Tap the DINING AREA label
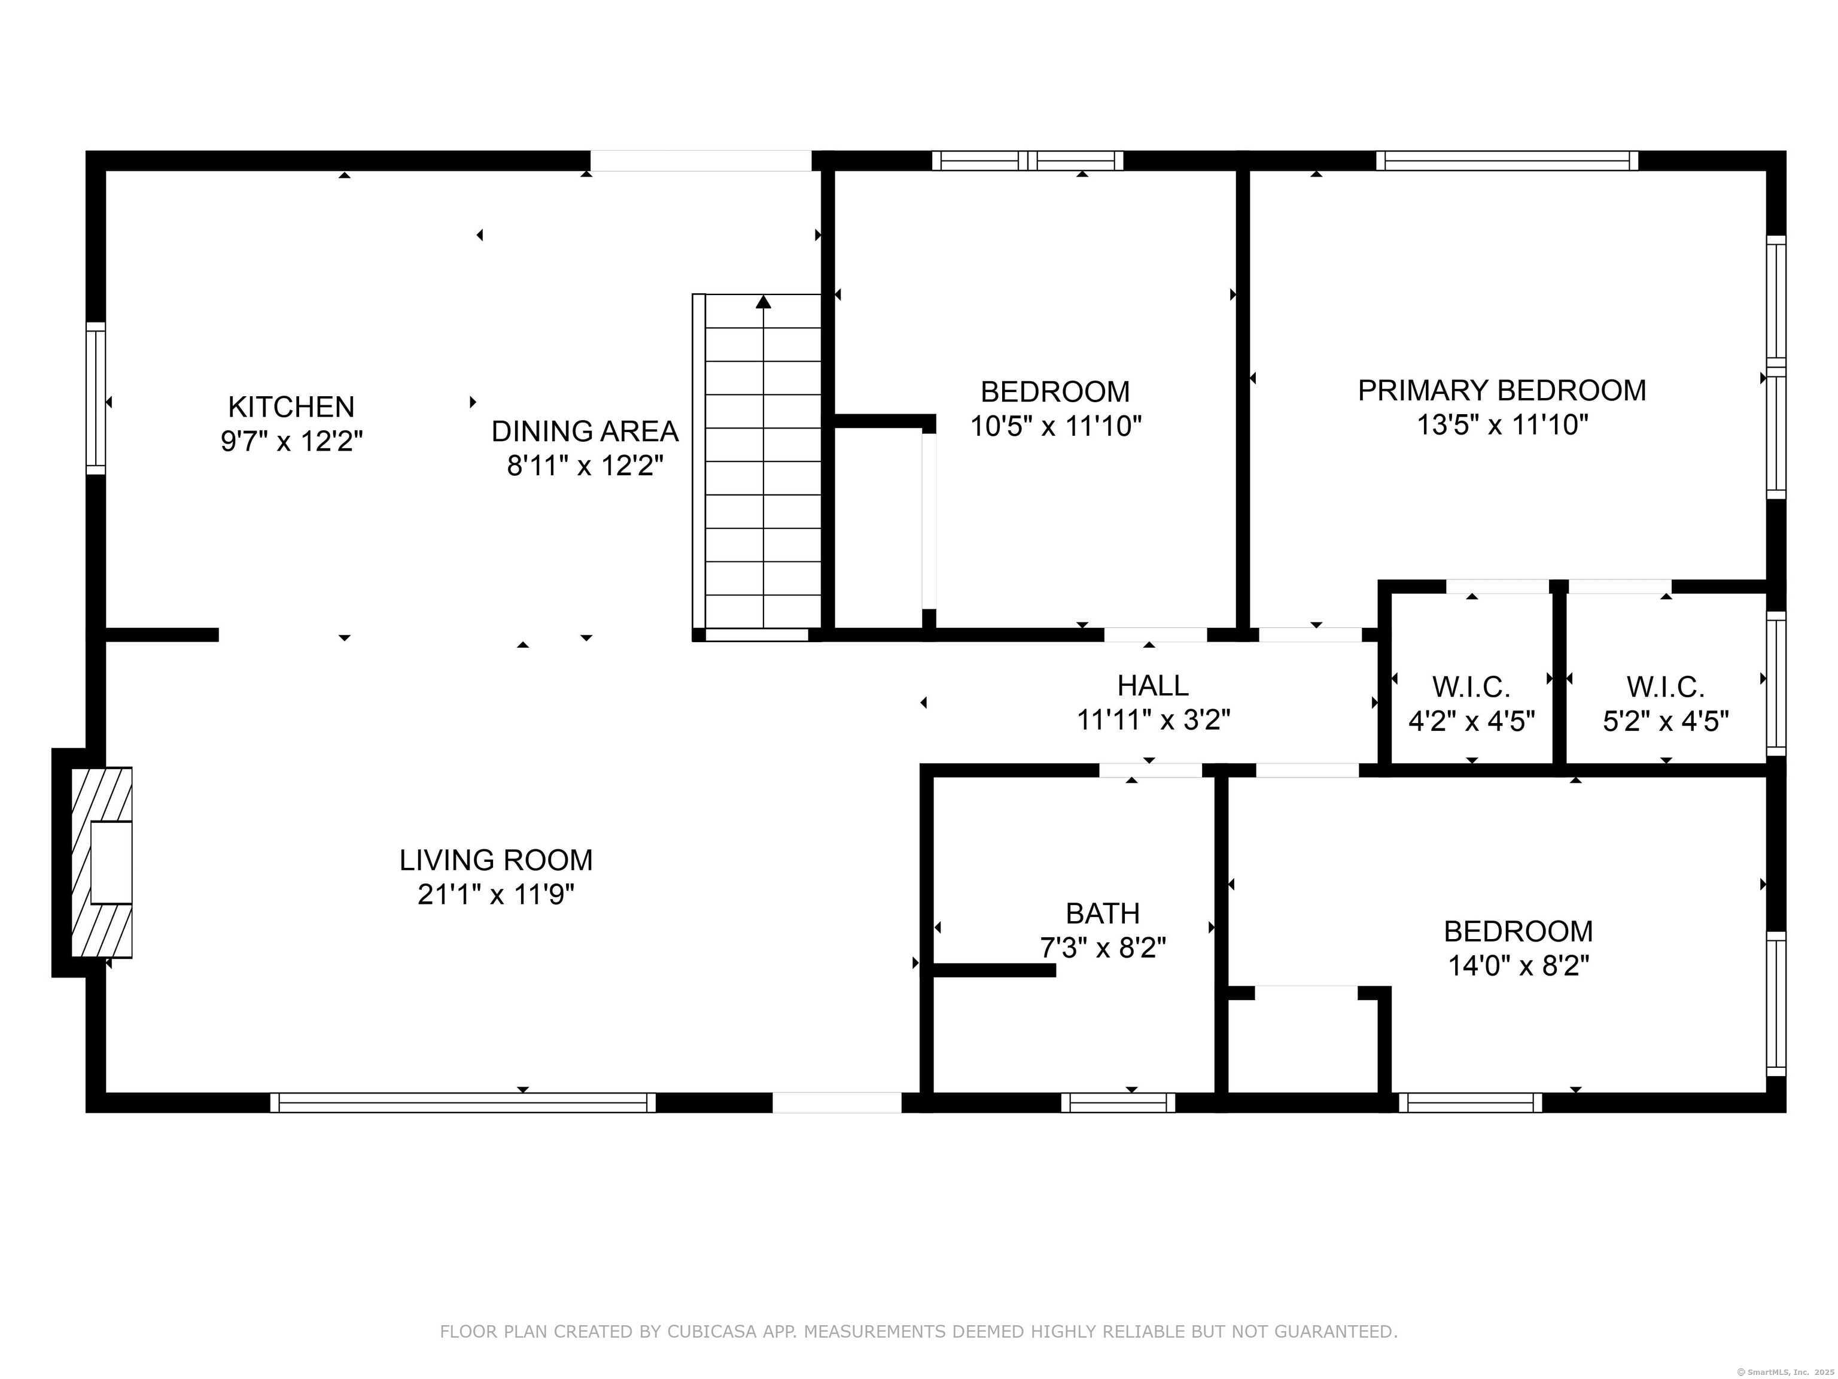585,432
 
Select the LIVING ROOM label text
496,859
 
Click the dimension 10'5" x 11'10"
1056,426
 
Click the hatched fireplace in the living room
101,862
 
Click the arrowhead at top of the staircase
763,302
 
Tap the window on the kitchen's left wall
96,398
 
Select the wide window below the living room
463,1102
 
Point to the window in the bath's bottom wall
1118,1102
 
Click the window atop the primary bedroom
1507,160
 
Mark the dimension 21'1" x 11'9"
496,894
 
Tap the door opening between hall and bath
1151,770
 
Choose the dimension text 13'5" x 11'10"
1502,425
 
